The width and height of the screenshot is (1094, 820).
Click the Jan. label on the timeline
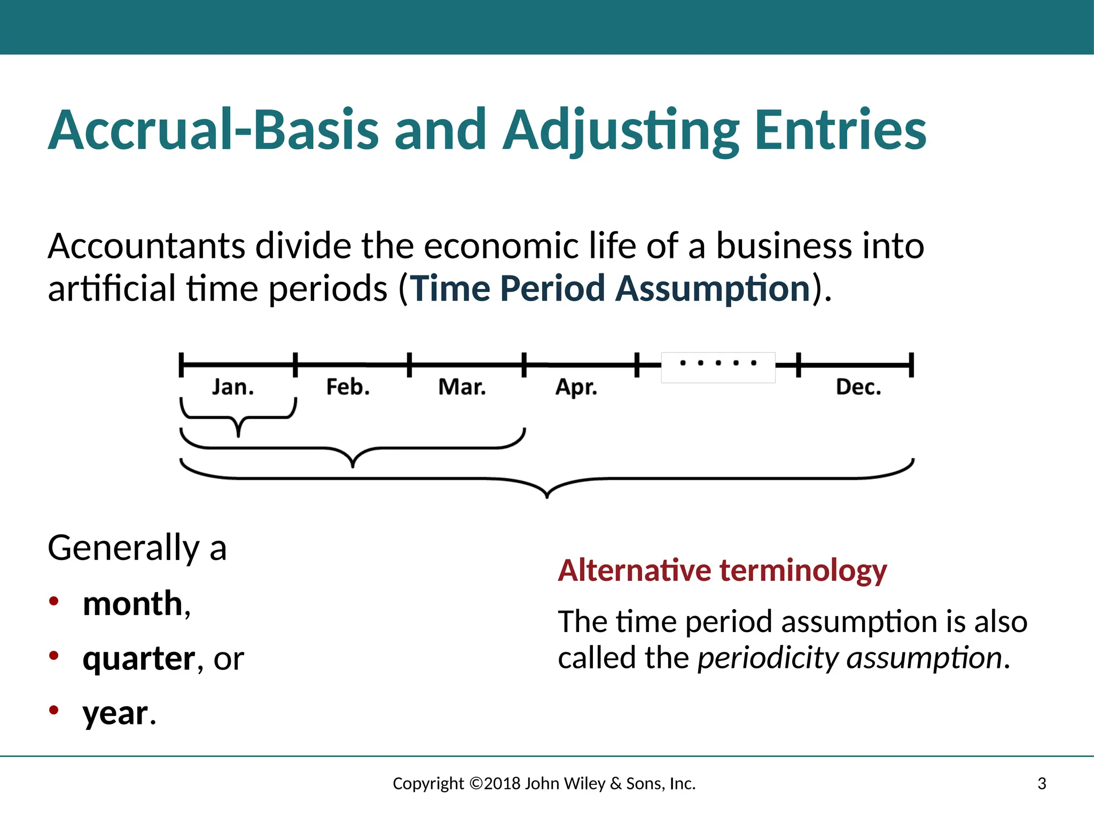pyautogui.click(x=233, y=387)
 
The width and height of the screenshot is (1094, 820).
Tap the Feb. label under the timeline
pyautogui.click(x=348, y=387)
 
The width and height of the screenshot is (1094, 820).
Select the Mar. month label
pyautogui.click(x=462, y=387)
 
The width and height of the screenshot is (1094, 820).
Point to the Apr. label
pyautogui.click(x=576, y=388)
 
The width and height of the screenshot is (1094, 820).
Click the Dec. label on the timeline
pyautogui.click(x=858, y=387)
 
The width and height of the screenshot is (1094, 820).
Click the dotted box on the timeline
pyautogui.click(x=718, y=367)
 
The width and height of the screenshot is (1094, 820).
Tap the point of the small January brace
pyautogui.click(x=238, y=435)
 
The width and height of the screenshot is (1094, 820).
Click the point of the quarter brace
pyautogui.click(x=353, y=466)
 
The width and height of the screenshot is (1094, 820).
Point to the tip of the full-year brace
pyautogui.click(x=547, y=496)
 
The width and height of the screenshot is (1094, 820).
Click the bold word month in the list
pyautogui.click(x=132, y=604)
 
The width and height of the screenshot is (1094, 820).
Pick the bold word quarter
pyautogui.click(x=139, y=659)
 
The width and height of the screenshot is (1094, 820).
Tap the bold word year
pyautogui.click(x=115, y=714)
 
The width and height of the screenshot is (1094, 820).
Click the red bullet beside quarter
pyautogui.click(x=53, y=655)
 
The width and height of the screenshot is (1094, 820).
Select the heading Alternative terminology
pyautogui.click(x=722, y=570)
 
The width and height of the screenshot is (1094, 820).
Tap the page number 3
pyautogui.click(x=1042, y=784)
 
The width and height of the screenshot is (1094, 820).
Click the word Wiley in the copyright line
pyautogui.click(x=584, y=784)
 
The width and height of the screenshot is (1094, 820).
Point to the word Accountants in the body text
pyautogui.click(x=146, y=246)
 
